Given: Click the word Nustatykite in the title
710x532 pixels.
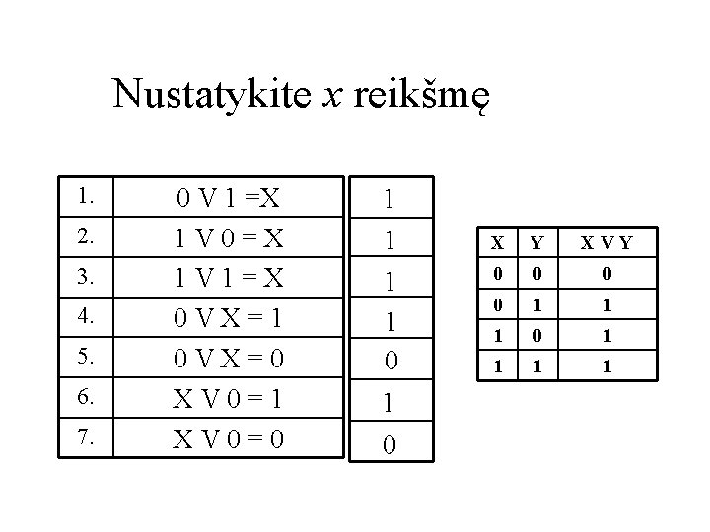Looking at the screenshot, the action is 212,96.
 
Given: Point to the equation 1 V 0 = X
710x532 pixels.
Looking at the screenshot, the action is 229,239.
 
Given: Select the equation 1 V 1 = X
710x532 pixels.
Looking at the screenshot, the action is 229,279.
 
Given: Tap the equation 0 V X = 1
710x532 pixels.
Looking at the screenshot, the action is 229,318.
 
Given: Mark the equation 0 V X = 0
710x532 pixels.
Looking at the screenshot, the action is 229,358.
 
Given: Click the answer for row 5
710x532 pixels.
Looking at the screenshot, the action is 390,361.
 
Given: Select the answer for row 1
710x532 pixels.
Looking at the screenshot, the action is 390,200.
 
